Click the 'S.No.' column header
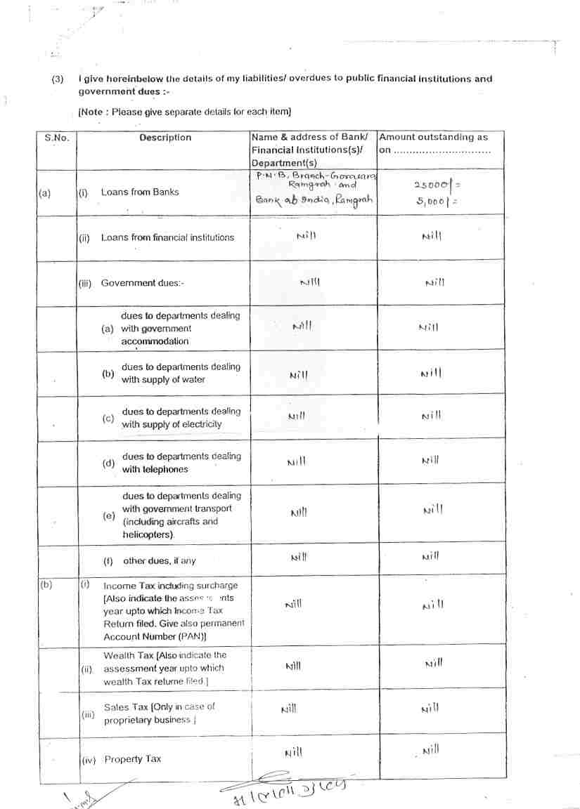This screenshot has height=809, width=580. pyautogui.click(x=57, y=138)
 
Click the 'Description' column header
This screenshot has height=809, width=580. pyautogui.click(x=165, y=138)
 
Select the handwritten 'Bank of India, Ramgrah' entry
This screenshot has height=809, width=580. pyautogui.click(x=314, y=200)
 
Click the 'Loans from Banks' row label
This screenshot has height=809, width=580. pyautogui.click(x=140, y=192)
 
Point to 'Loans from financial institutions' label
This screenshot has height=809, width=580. pyautogui.click(x=167, y=237)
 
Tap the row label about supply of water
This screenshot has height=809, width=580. pyautogui.click(x=181, y=374)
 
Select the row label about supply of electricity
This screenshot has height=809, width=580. pyautogui.click(x=181, y=418)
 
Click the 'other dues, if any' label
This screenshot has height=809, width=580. pyautogui.click(x=160, y=561)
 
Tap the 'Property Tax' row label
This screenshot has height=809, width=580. pyautogui.click(x=133, y=759)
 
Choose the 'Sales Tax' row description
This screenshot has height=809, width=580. pyautogui.click(x=160, y=713)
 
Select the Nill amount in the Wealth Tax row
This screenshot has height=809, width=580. pyautogui.click(x=434, y=662)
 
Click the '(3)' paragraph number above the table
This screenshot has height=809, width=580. pyautogui.click(x=58, y=79)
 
